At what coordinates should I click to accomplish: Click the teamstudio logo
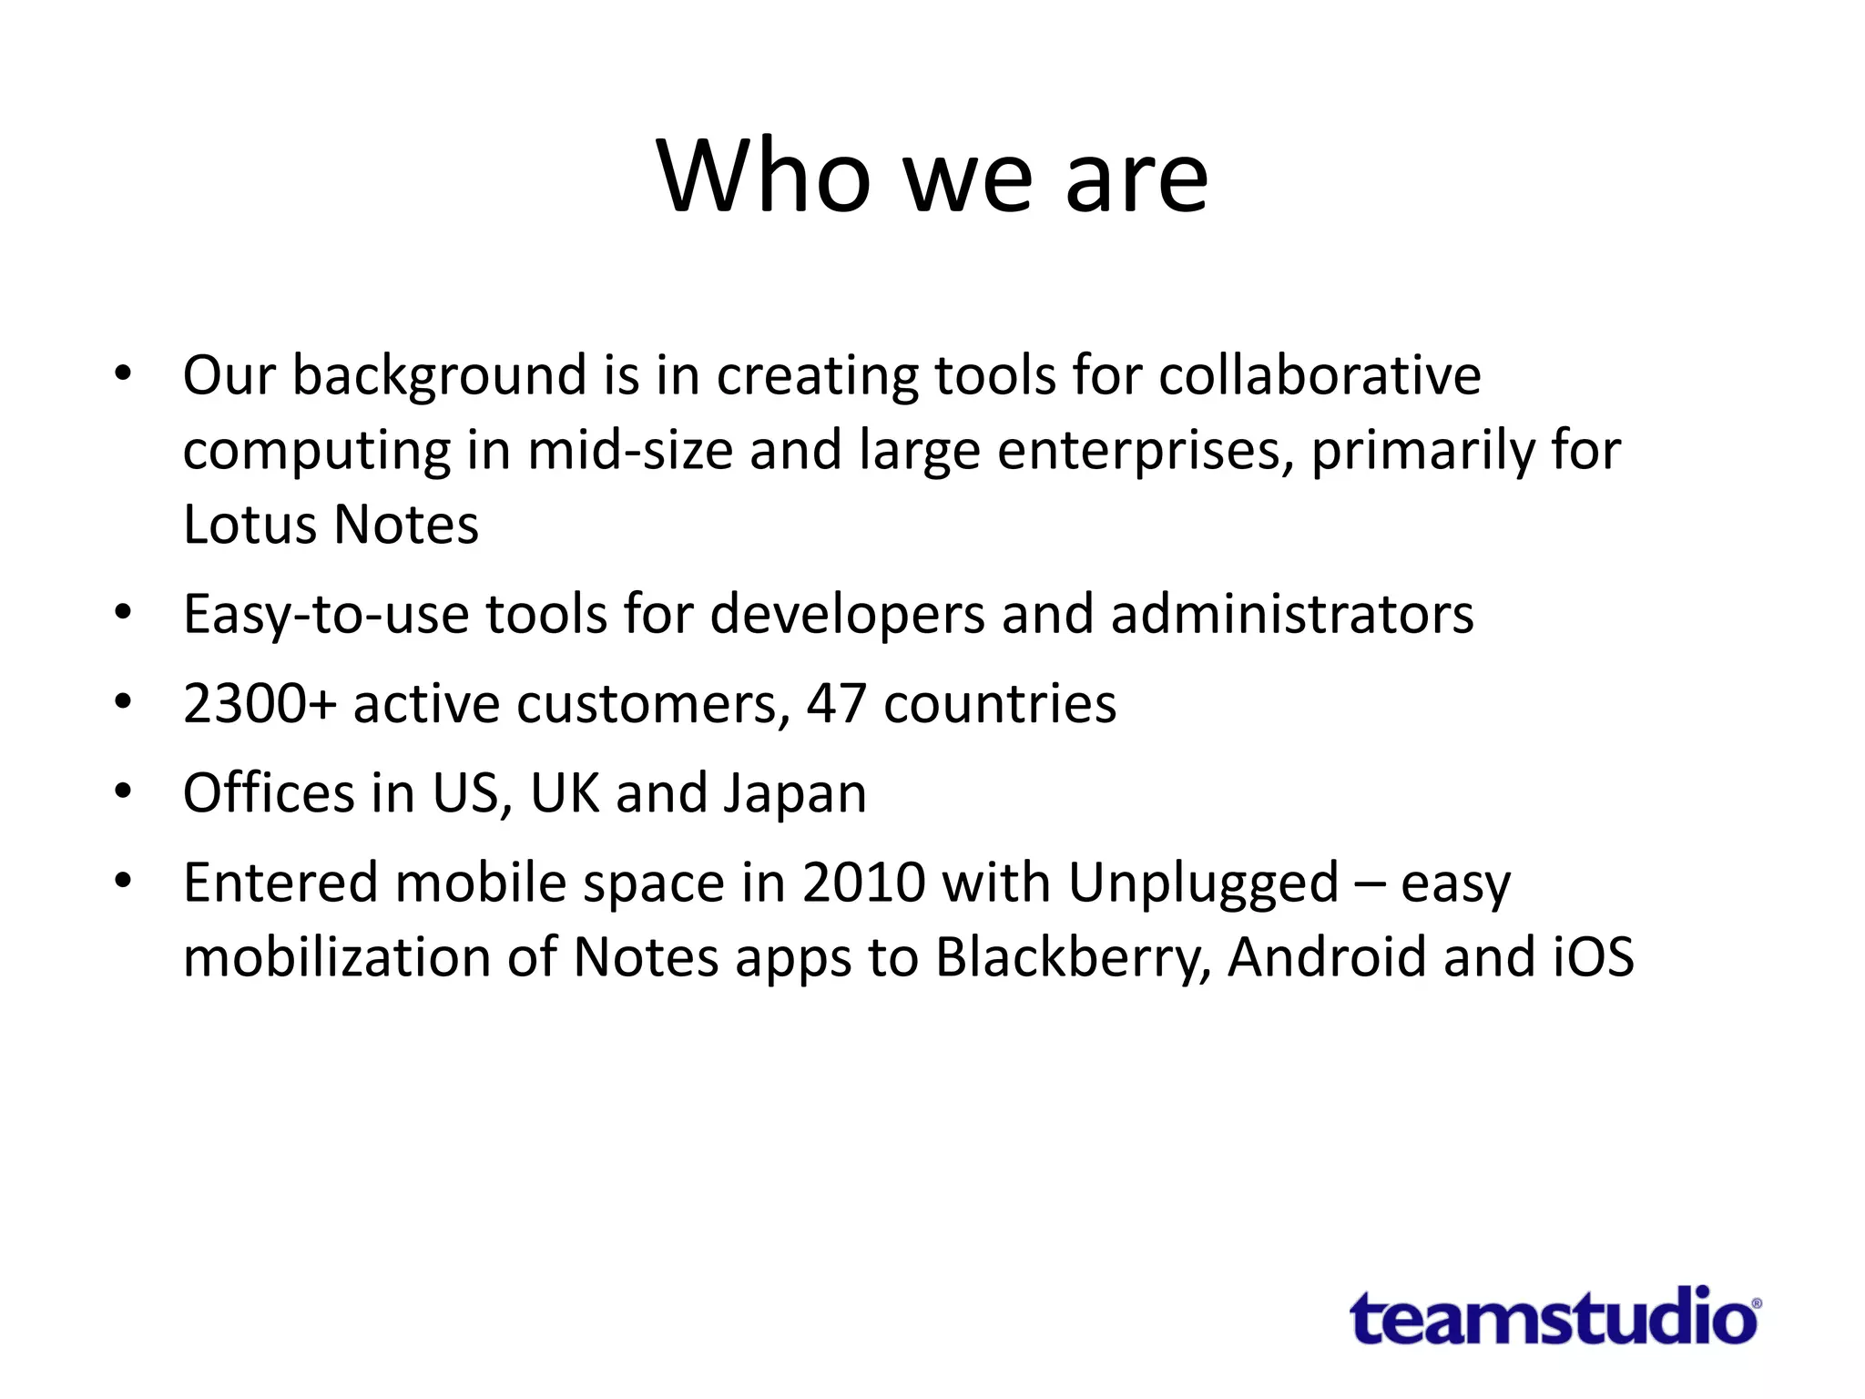(x=1554, y=1317)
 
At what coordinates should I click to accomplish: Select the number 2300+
(x=260, y=704)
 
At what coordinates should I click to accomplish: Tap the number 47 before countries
(x=836, y=704)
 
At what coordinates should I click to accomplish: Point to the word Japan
(x=794, y=793)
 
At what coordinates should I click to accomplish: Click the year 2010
(x=863, y=883)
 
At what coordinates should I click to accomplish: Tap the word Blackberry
(x=1073, y=958)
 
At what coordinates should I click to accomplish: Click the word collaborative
(x=1320, y=375)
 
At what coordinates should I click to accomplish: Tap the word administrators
(x=1291, y=614)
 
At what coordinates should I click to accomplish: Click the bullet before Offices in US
(x=124, y=791)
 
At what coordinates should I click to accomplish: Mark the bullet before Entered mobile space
(x=124, y=881)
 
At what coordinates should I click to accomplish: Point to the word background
(x=439, y=377)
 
